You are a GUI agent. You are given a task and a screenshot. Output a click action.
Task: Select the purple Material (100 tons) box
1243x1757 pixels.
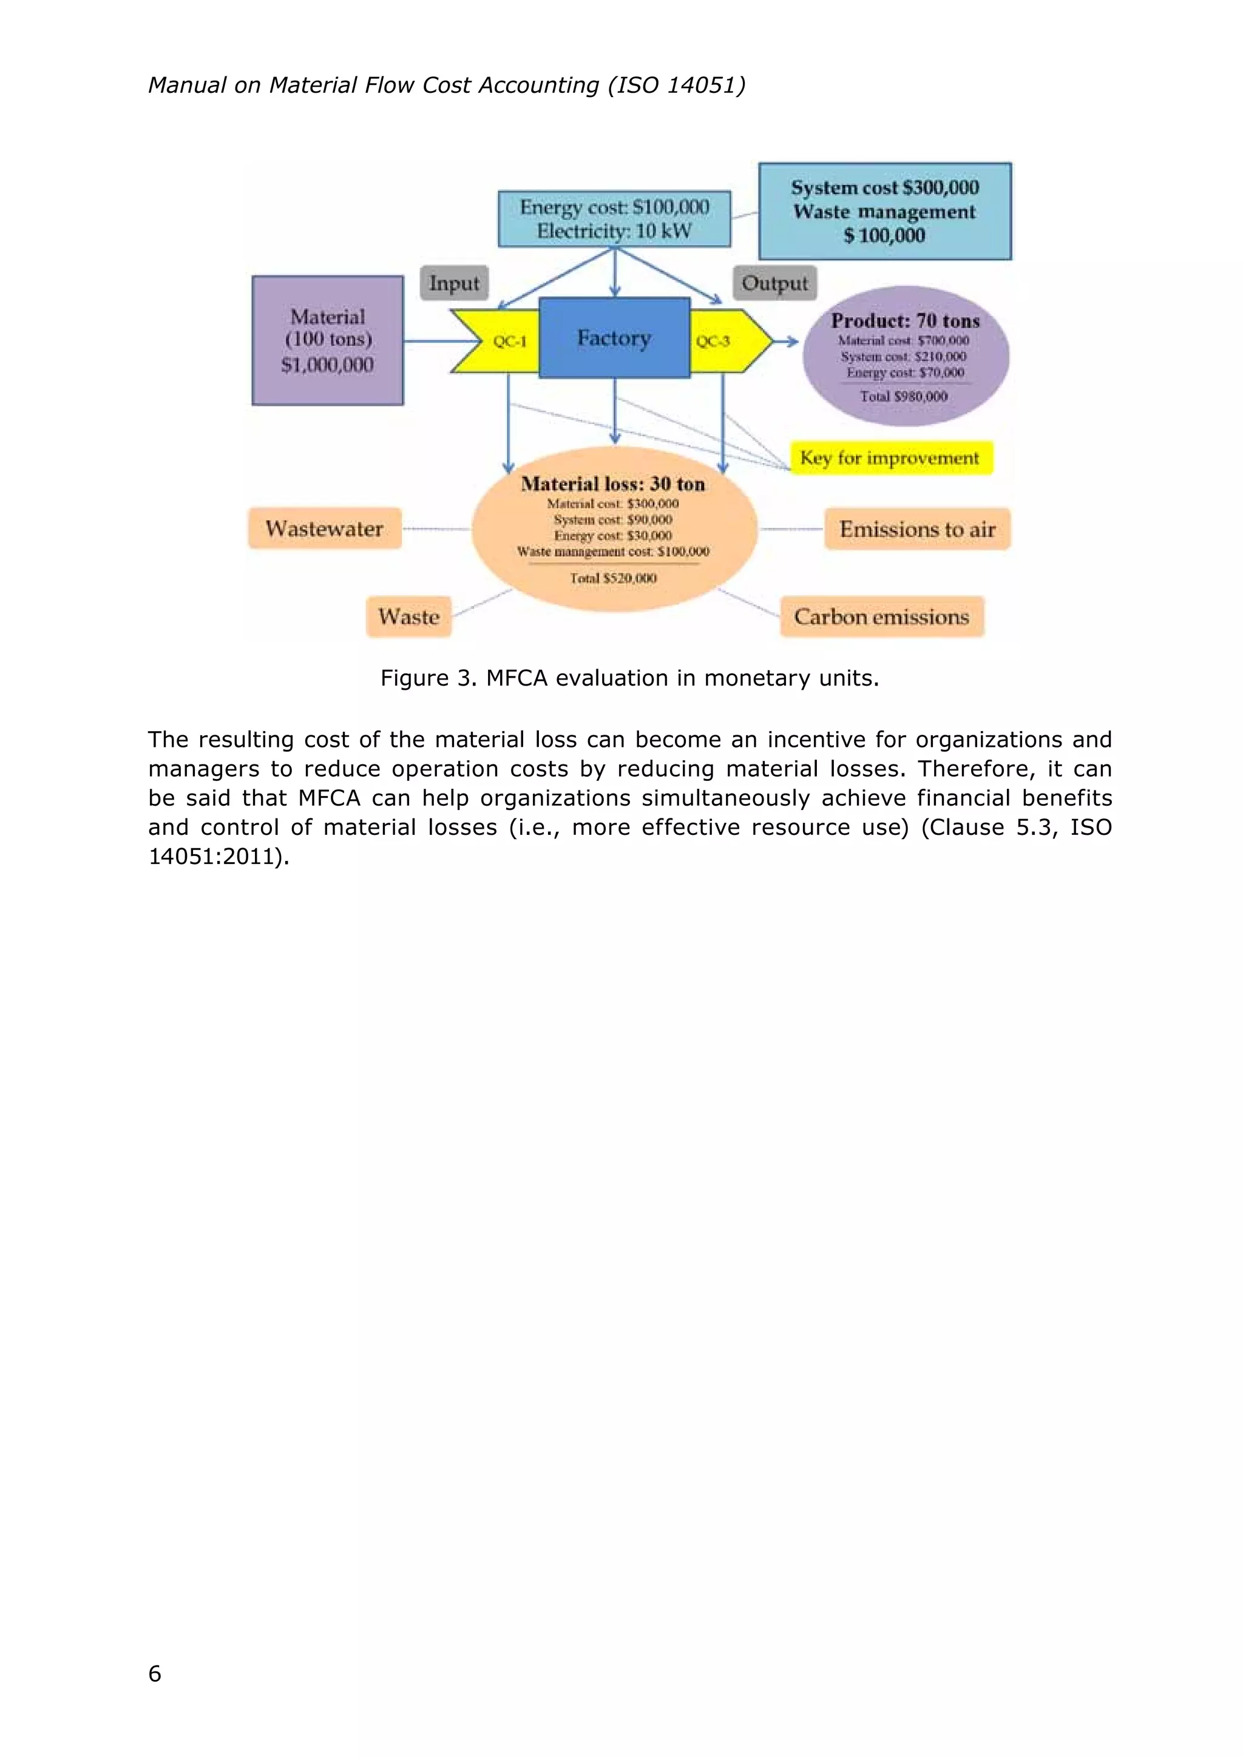(x=328, y=340)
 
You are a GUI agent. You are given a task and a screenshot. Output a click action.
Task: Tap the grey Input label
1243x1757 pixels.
(x=454, y=283)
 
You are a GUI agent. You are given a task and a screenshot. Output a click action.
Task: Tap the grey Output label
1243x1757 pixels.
(x=774, y=283)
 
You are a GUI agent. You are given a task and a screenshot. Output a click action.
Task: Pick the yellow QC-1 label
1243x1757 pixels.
(x=509, y=342)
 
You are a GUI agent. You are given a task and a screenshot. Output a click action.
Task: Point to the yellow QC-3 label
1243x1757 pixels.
(x=713, y=342)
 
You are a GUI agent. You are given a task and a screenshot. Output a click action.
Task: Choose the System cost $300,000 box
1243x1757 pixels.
(x=885, y=211)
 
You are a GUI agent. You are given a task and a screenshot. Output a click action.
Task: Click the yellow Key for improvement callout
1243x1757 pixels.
(x=890, y=457)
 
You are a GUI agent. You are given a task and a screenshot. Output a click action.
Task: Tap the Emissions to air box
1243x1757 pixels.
(x=917, y=529)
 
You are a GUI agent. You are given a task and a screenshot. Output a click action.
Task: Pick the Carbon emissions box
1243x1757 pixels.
(x=882, y=617)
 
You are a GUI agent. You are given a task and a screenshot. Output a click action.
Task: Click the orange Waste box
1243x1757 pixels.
(x=408, y=617)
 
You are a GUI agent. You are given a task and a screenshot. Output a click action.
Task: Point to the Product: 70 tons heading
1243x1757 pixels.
(x=906, y=320)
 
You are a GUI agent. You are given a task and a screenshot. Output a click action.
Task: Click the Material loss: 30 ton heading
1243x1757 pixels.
(x=613, y=484)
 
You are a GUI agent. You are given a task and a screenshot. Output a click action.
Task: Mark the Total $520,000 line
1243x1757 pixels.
(x=613, y=578)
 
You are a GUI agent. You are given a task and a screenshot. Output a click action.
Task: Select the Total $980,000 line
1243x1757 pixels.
(x=904, y=396)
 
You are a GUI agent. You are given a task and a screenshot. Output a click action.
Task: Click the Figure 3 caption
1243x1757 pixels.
(x=629, y=678)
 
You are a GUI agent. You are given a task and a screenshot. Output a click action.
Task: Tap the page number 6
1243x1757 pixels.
(x=155, y=1674)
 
